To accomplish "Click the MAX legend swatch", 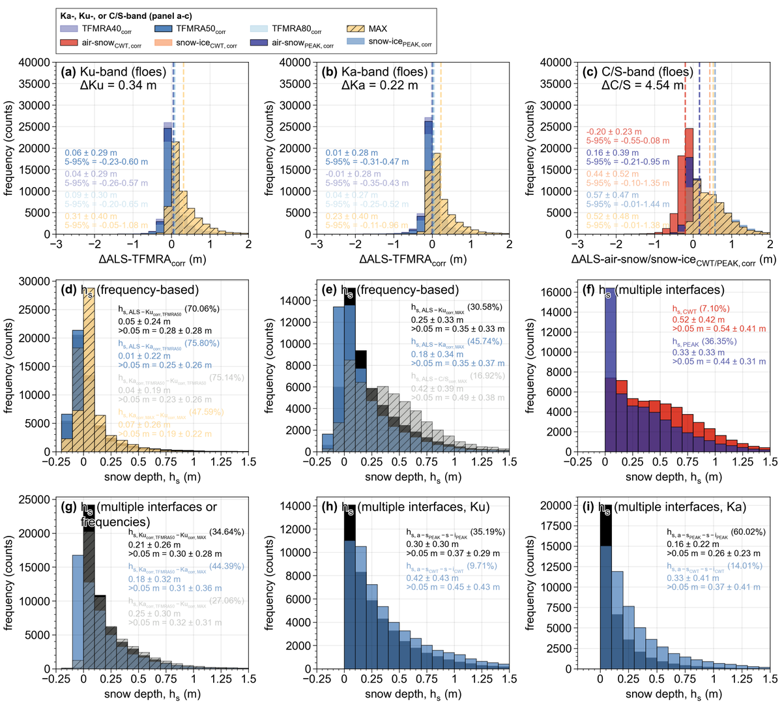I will click(x=355, y=29).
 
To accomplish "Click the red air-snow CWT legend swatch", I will click(x=69, y=44).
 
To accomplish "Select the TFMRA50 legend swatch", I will click(x=165, y=29).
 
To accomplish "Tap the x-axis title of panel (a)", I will click(x=152, y=259).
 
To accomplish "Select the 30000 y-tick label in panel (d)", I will click(x=36, y=282).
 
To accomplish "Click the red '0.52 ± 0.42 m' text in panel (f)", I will click(x=699, y=319).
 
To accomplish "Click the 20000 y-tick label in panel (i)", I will click(x=557, y=505).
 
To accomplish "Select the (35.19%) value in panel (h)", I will click(x=487, y=532).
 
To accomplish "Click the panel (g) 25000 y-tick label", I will click(x=36, y=499).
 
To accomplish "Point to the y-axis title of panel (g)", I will click(x=9, y=584).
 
